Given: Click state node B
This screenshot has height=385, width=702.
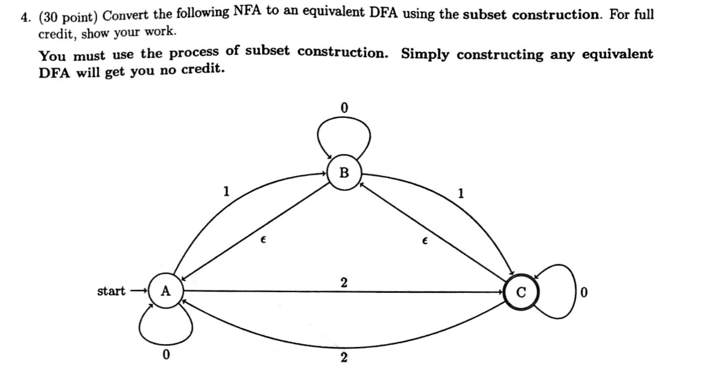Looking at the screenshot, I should coord(344,173).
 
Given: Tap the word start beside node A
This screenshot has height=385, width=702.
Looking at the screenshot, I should coord(112,292).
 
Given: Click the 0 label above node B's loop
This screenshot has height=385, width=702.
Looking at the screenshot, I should coord(343,108).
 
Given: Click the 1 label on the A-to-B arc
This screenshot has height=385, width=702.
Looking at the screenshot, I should coord(226,192).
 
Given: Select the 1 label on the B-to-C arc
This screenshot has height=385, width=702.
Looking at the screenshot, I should coord(461,194).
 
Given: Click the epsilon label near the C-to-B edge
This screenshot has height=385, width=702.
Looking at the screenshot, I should coord(425,240).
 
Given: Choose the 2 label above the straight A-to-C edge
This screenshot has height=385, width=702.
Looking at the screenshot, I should coord(343,282).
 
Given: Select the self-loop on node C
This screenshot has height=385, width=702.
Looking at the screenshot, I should coord(558,292).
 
